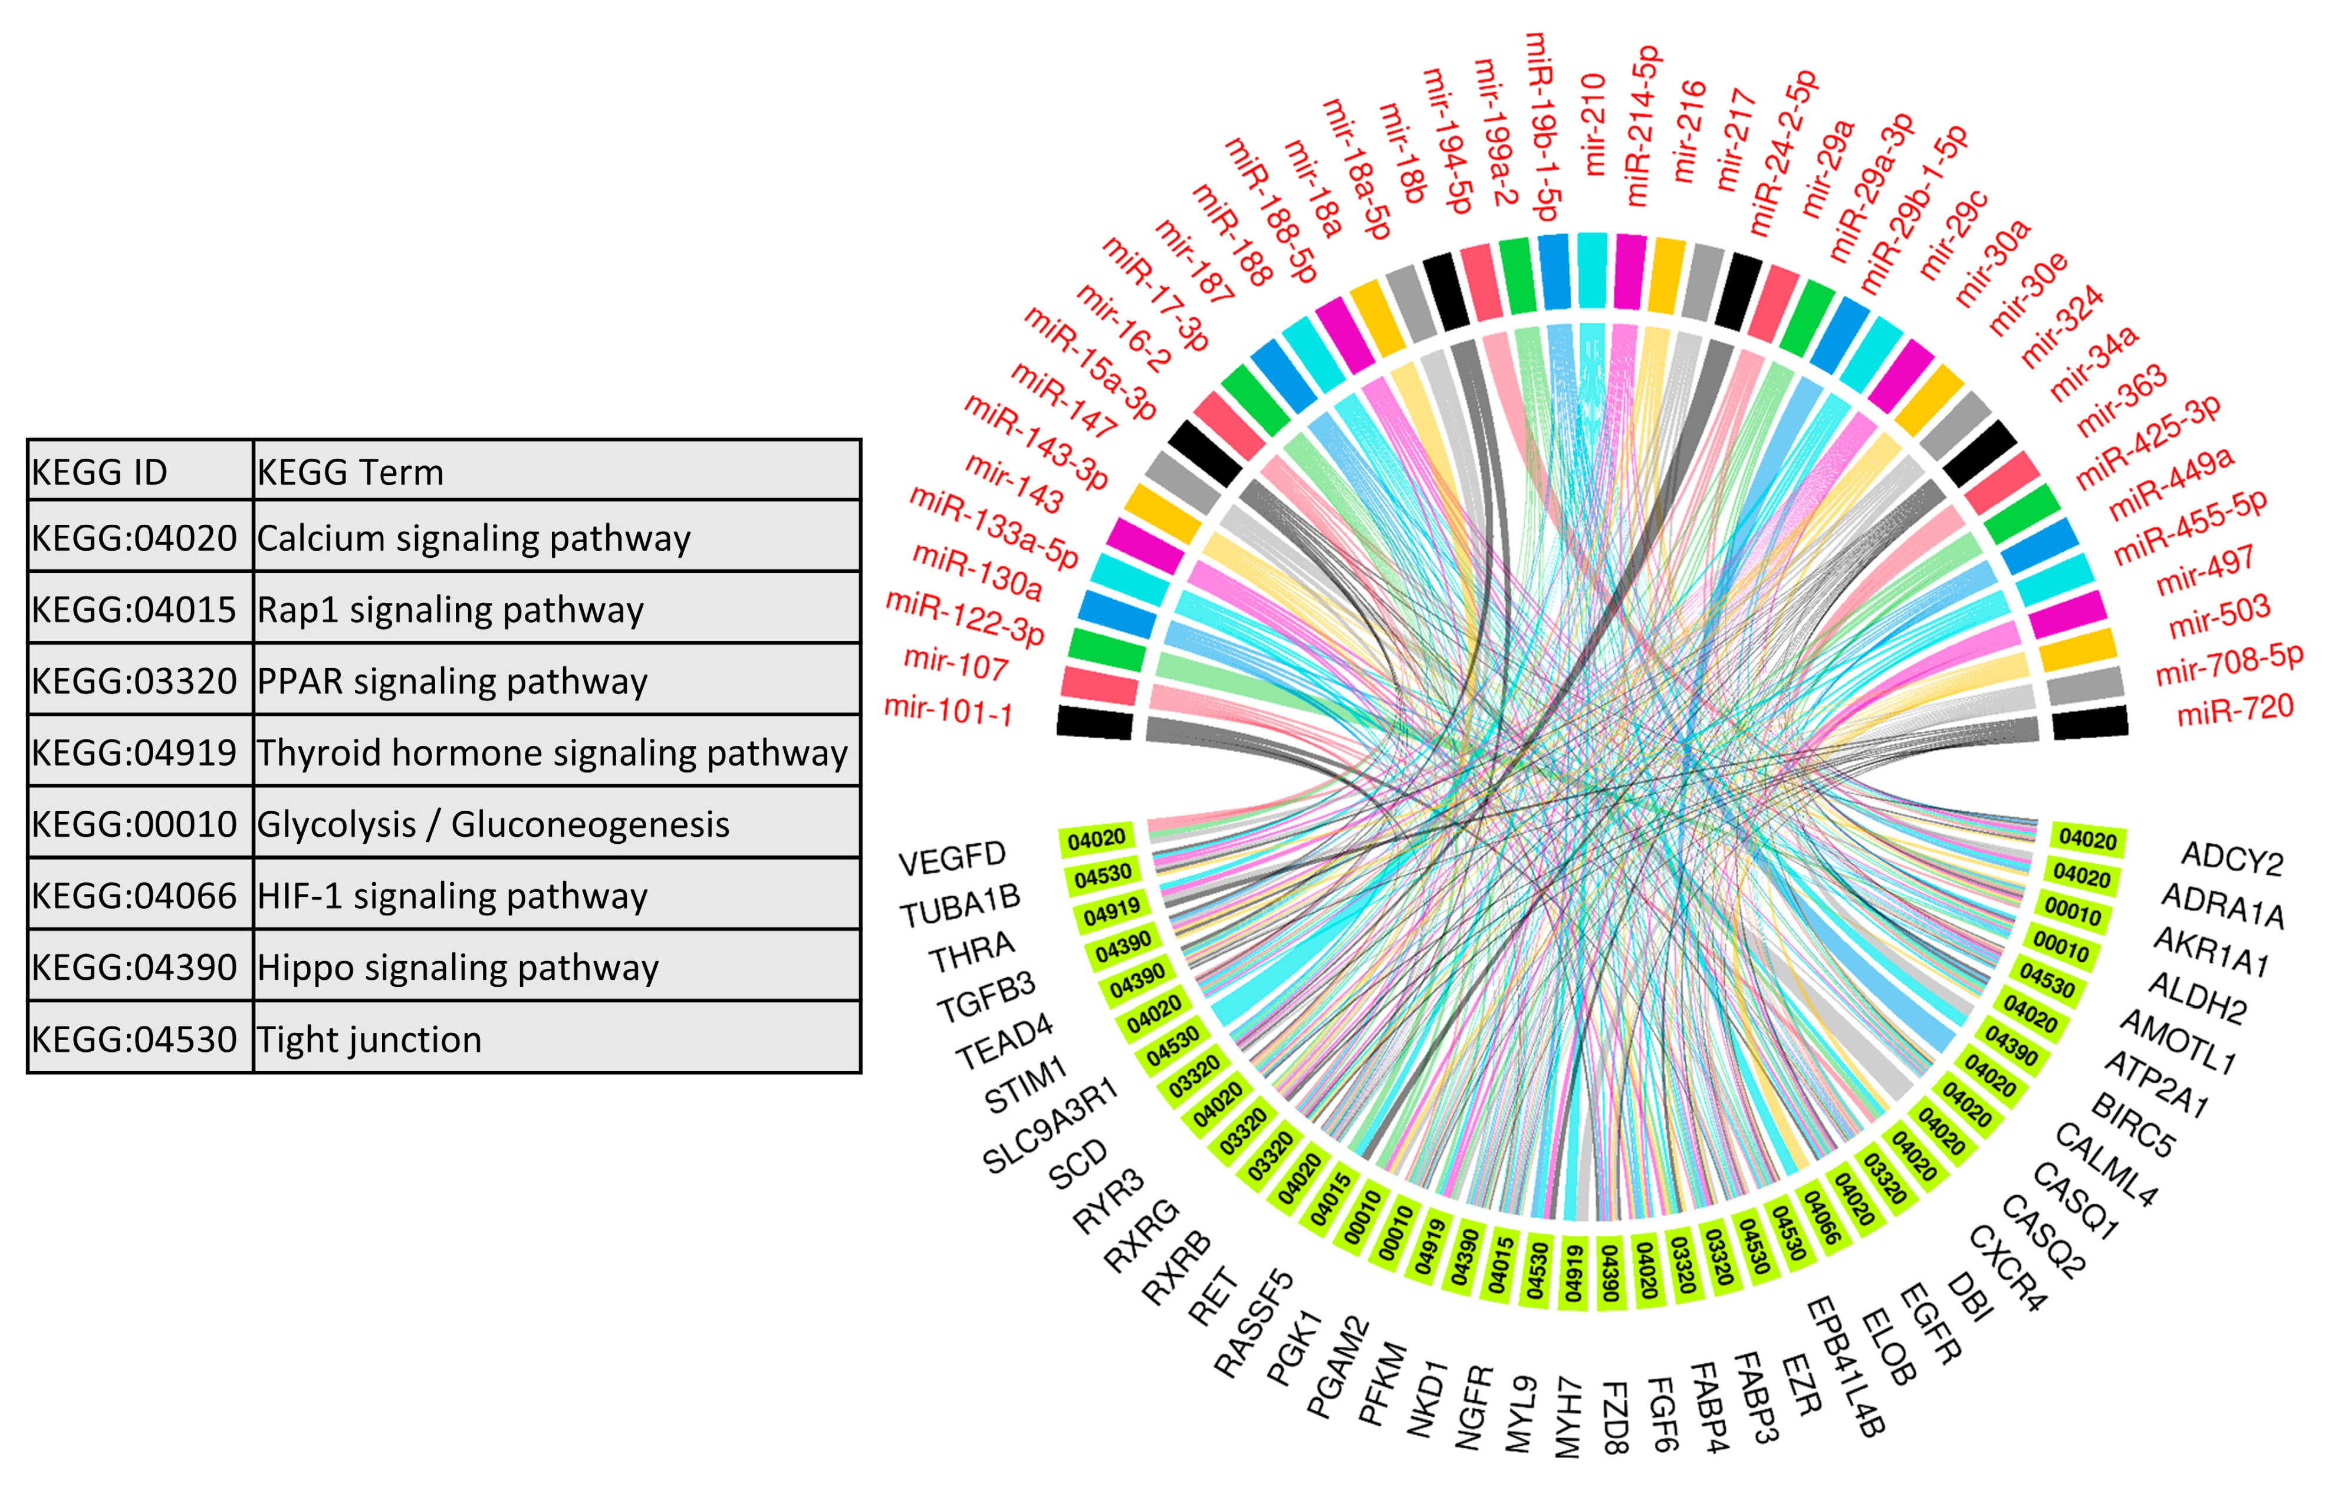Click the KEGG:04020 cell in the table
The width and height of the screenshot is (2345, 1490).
click(134, 538)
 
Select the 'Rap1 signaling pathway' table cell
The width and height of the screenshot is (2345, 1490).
click(450, 610)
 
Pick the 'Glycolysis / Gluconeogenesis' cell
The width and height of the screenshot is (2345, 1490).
click(493, 824)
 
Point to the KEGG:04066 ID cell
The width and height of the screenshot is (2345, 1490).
click(134, 896)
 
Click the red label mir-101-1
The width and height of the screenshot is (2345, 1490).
click(948, 710)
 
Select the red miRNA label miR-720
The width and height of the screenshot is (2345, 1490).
click(2235, 710)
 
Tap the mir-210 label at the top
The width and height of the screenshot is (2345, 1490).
click(1593, 124)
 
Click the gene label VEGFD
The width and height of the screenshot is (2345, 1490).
click(952, 859)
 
